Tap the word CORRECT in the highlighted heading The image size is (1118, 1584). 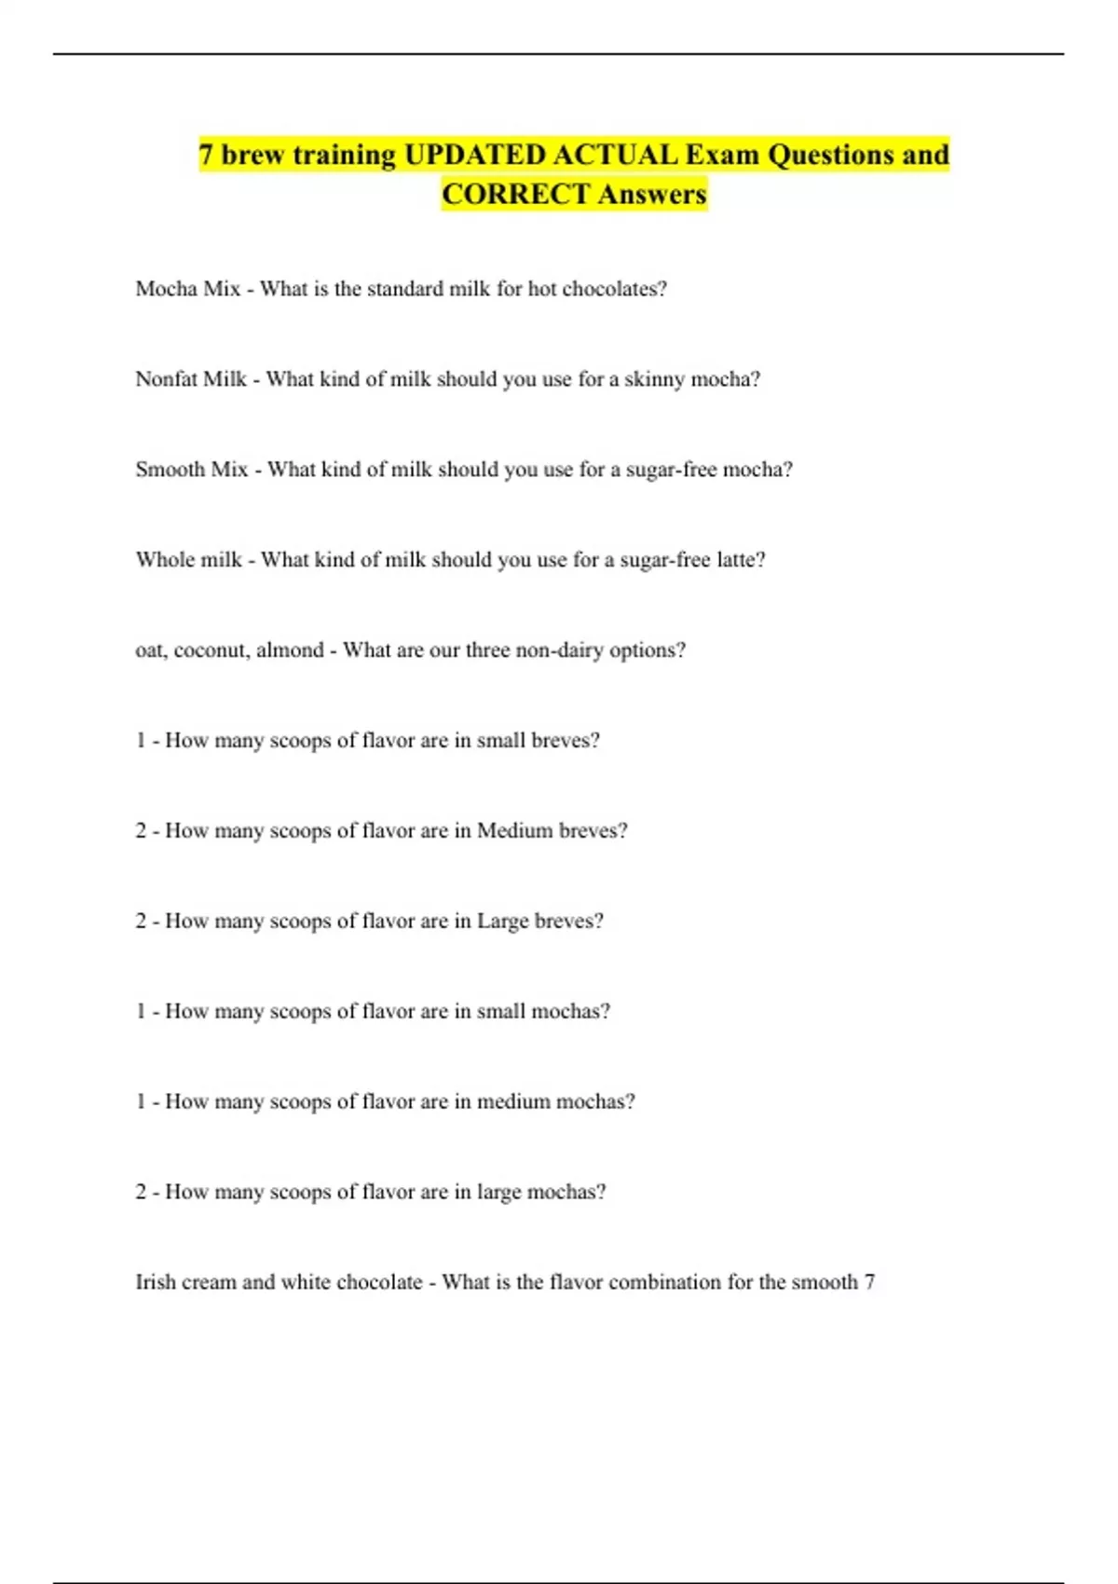coord(515,195)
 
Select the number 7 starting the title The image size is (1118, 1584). coord(206,155)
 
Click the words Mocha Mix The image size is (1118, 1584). coord(187,289)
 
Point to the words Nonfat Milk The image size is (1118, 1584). coord(191,379)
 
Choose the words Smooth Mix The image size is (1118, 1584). coord(191,470)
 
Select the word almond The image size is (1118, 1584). coord(290,650)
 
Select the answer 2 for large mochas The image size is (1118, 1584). coord(141,1192)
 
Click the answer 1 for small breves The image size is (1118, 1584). coord(141,741)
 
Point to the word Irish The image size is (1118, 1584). coord(156,1282)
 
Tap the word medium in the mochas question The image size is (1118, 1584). coord(513,1101)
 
